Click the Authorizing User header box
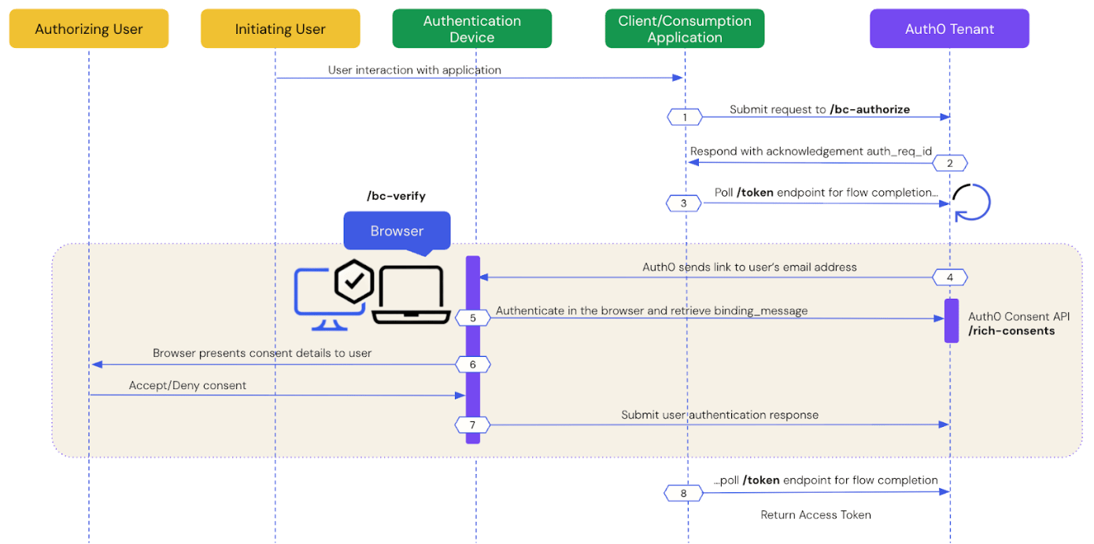[89, 28]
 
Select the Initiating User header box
[280, 28]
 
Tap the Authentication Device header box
[471, 28]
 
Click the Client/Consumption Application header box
[685, 28]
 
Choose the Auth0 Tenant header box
[949, 28]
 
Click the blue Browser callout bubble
[397, 231]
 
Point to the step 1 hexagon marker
[685, 117]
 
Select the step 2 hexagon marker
[950, 163]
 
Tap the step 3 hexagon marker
[684, 203]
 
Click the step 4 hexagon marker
[950, 278]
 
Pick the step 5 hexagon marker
[473, 318]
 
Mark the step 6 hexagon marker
[473, 365]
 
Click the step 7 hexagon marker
[473, 425]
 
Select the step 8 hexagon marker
[684, 493]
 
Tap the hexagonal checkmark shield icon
[354, 281]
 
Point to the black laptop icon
[411, 295]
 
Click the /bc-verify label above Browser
[396, 196]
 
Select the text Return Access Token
[815, 515]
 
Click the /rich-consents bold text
[1011, 331]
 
